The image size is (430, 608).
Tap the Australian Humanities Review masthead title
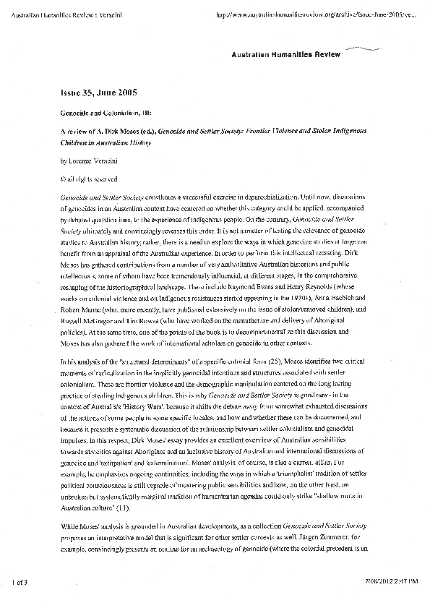[x=287, y=54]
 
